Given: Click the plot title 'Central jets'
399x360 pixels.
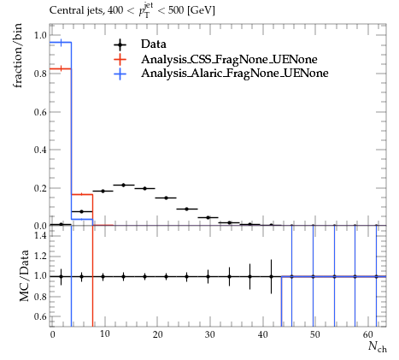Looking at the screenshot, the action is click(x=77, y=11).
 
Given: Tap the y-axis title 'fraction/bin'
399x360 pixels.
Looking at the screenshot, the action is click(x=18, y=56).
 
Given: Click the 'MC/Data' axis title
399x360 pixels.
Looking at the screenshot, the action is click(x=24, y=276).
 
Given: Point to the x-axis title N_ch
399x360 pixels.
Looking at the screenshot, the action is click(x=378, y=346).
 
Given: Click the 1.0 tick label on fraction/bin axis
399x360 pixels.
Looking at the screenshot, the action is click(x=40, y=35).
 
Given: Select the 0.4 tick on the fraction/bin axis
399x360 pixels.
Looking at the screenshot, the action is click(x=40, y=150).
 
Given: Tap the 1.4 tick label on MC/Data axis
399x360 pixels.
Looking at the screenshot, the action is click(x=40, y=235).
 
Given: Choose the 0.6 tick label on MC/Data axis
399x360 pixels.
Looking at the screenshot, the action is click(x=40, y=316).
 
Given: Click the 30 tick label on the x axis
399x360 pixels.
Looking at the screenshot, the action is click(x=210, y=334).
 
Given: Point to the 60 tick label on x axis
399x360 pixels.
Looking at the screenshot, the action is click(x=368, y=334).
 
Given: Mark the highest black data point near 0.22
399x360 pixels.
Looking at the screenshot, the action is click(x=124, y=186).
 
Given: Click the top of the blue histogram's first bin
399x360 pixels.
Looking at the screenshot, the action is click(x=61, y=43).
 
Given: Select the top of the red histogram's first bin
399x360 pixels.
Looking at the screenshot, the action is click(x=61, y=68).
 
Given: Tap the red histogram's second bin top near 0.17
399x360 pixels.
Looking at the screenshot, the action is click(x=82, y=194).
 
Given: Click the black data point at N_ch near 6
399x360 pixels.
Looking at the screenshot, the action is click(x=82, y=211).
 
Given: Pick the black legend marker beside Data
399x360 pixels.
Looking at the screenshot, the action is click(x=120, y=44).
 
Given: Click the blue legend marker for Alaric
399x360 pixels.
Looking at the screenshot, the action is click(x=120, y=74).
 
